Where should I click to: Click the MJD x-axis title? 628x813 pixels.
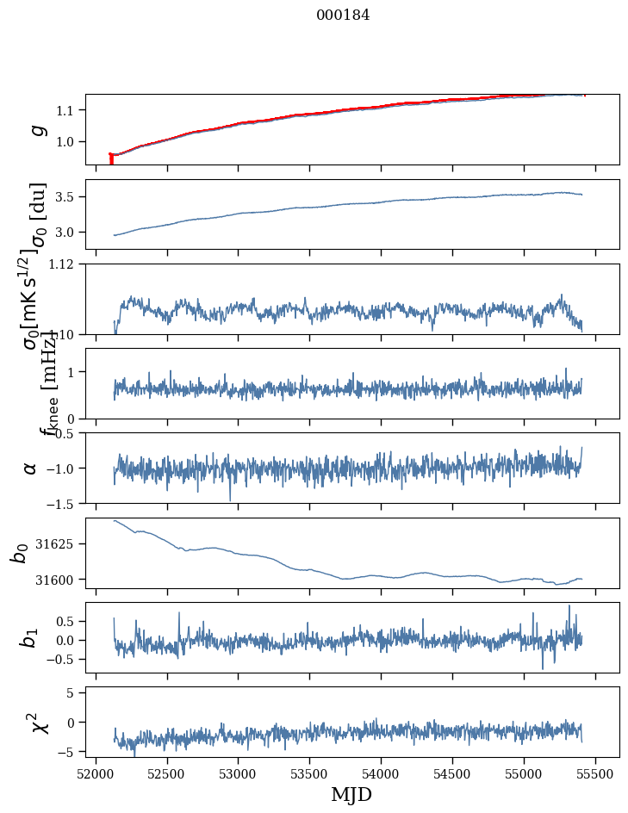(351, 794)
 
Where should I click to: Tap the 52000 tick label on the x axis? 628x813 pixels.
(96, 772)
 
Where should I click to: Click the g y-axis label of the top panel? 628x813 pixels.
(37, 129)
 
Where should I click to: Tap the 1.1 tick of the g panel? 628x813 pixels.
(69, 110)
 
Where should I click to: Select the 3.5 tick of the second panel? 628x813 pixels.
(69, 197)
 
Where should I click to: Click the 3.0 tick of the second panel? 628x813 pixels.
(69, 233)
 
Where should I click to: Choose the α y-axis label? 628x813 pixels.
(30, 468)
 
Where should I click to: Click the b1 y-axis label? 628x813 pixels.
(30, 637)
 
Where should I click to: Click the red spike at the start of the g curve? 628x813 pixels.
(111, 159)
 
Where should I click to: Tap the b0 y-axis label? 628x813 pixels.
(20, 553)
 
